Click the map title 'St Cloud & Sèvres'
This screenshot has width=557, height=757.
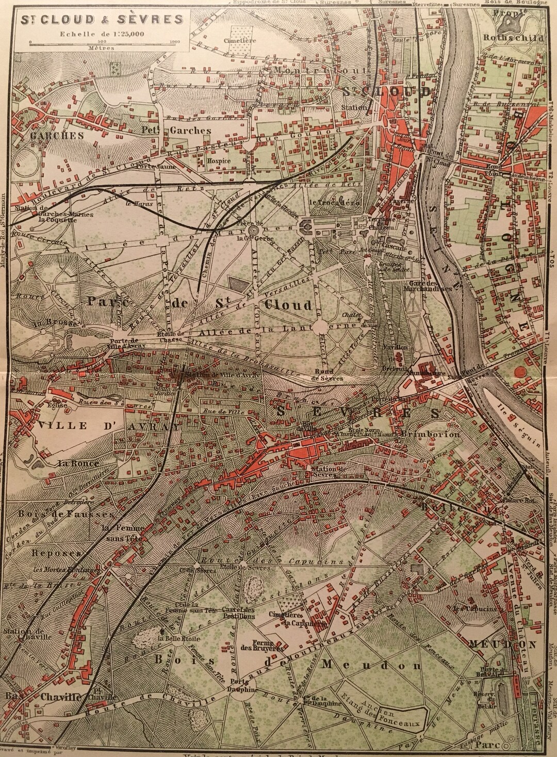click(102, 20)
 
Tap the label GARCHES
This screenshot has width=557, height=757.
click(50, 136)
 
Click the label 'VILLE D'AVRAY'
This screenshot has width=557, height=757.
click(109, 427)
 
